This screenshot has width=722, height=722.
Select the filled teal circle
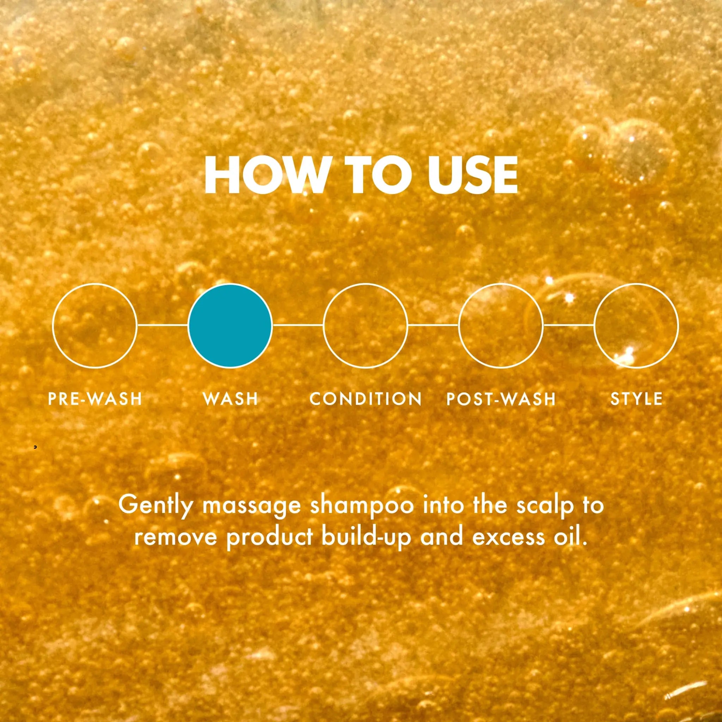pyautogui.click(x=230, y=325)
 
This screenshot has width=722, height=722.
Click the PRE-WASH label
pyautogui.click(x=95, y=399)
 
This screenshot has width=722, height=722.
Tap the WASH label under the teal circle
pyautogui.click(x=230, y=399)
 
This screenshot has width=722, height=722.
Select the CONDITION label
pyautogui.click(x=366, y=399)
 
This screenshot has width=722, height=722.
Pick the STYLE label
pyautogui.click(x=636, y=399)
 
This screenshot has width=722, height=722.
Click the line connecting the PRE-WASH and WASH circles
pyautogui.click(x=163, y=325)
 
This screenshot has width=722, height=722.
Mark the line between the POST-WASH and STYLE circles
pyautogui.click(x=568, y=325)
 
